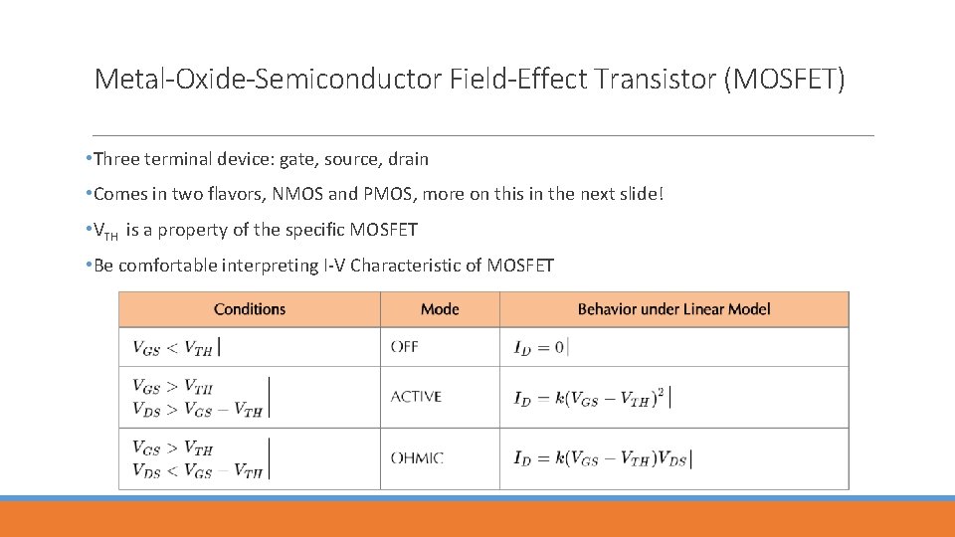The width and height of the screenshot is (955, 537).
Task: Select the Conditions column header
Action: click(x=250, y=309)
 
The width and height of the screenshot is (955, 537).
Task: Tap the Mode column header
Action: click(x=440, y=309)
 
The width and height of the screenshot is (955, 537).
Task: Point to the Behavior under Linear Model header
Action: click(x=673, y=309)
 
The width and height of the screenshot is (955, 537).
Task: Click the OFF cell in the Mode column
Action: click(x=405, y=347)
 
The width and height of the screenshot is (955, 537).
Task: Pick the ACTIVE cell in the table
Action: click(x=416, y=397)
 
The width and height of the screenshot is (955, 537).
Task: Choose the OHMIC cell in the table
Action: click(x=417, y=458)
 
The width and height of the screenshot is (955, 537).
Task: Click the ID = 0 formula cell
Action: click(x=539, y=347)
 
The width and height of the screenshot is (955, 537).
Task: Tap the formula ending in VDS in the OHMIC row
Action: click(x=601, y=458)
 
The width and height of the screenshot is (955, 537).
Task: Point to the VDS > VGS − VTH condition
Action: click(x=197, y=411)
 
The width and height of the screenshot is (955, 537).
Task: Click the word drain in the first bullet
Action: click(x=408, y=159)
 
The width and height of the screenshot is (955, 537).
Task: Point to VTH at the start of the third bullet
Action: click(x=104, y=232)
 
